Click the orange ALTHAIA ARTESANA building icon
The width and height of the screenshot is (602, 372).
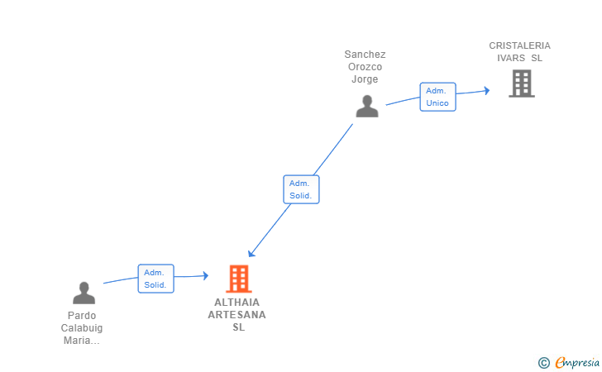(239, 279)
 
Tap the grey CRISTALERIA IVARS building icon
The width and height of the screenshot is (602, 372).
(522, 83)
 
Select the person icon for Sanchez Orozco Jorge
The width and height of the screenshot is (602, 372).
(367, 107)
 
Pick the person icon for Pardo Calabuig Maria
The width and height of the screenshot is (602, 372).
(84, 293)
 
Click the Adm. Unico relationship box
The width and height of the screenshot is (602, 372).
(437, 97)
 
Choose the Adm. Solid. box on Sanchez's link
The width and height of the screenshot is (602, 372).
(301, 189)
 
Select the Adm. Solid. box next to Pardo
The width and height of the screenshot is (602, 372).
(155, 279)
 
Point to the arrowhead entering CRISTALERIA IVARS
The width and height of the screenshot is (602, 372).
(487, 91)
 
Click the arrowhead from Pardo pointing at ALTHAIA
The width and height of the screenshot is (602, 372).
(205, 275)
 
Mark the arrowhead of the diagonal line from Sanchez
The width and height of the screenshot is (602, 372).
(251, 254)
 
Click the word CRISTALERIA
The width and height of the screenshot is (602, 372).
(519, 45)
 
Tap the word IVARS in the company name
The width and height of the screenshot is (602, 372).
(511, 58)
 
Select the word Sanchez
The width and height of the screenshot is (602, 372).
(365, 55)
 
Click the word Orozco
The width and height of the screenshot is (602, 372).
(365, 67)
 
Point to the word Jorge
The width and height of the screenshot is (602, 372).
(365, 79)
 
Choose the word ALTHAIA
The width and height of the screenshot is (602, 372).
(236, 303)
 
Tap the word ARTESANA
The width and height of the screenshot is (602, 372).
(236, 315)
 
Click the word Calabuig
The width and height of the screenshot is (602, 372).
(82, 328)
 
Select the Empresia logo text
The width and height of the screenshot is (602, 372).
(577, 362)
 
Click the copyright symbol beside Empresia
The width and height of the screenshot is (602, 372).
(543, 363)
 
